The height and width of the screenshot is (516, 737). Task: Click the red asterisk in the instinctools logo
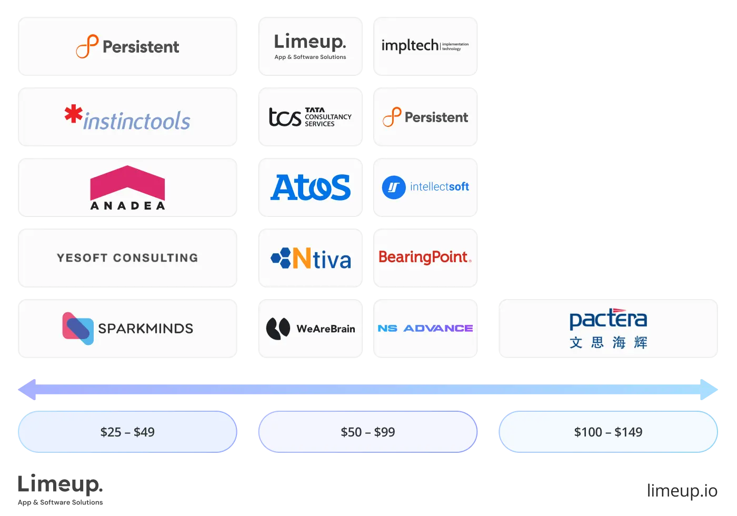pos(73,114)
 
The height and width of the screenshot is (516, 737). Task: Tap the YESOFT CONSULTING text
pos(127,258)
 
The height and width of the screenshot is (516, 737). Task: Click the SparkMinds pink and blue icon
pos(78,329)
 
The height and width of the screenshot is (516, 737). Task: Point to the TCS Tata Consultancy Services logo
pos(310,117)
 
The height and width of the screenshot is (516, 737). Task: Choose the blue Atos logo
pos(311,187)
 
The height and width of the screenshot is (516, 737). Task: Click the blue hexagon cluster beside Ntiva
pos(281,258)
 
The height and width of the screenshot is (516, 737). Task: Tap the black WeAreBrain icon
pos(278,329)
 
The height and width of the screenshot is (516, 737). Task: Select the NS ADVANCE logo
pos(425,329)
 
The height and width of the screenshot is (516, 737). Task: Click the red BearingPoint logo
pos(425,257)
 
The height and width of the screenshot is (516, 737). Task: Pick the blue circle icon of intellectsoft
pos(394,187)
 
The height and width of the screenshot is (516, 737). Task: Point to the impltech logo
pos(425,46)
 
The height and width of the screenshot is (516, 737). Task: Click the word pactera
pos(608,319)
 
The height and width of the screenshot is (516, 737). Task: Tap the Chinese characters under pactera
pos(608,343)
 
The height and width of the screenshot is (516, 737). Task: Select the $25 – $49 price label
pos(127,432)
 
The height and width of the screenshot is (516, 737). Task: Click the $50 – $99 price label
pos(367,432)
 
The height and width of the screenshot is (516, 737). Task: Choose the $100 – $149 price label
pos(608,432)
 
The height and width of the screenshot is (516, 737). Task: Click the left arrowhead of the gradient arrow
pos(26,390)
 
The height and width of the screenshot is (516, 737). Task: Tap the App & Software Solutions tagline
pos(310,57)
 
